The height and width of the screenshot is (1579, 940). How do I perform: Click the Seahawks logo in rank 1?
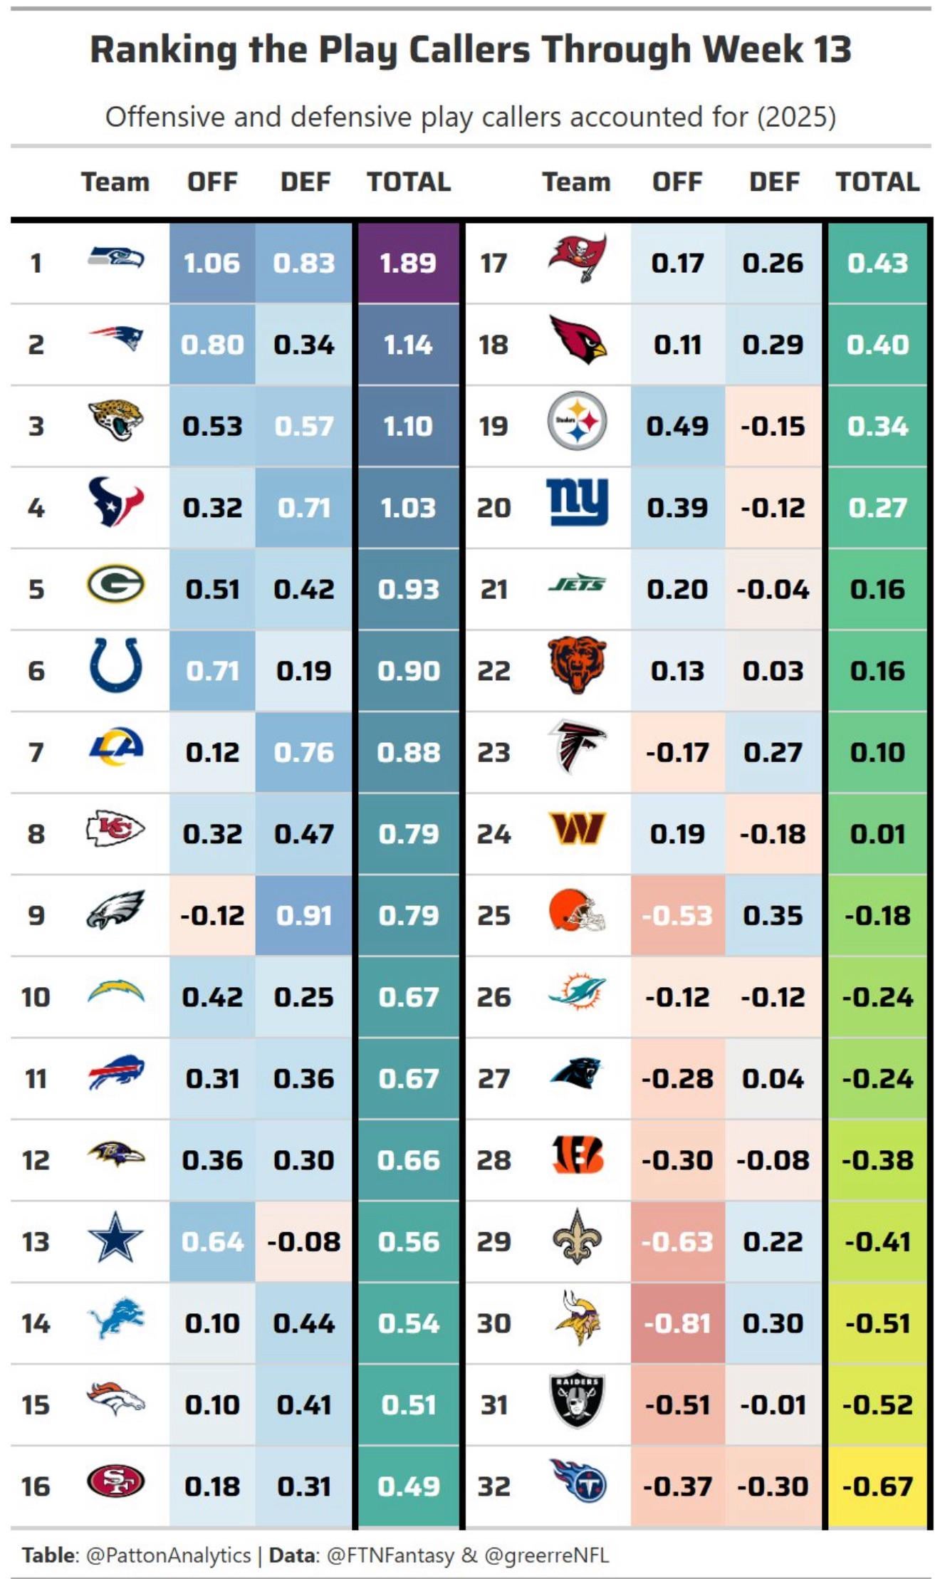[x=115, y=258]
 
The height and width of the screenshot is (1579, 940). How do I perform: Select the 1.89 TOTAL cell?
[x=408, y=264]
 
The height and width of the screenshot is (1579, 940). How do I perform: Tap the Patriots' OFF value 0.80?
[x=212, y=345]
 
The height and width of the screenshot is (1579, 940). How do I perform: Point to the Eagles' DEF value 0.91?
[x=304, y=916]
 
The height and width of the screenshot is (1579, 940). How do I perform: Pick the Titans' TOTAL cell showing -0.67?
[x=877, y=1487]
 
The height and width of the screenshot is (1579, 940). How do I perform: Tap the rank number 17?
[x=493, y=264]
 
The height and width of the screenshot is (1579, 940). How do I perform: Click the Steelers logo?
[x=577, y=421]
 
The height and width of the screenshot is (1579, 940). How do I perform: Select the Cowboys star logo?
[x=115, y=1240]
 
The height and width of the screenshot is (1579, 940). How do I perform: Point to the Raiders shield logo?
[x=577, y=1401]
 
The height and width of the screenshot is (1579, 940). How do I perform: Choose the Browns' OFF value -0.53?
[x=677, y=916]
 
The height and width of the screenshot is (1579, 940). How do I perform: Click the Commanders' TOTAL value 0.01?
[x=877, y=834]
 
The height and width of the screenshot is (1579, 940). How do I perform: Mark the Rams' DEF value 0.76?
[x=304, y=753]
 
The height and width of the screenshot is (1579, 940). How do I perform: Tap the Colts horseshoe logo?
[x=115, y=666]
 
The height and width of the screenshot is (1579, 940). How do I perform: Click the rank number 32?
[x=493, y=1487]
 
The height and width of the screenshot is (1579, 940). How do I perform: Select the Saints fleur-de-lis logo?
[x=577, y=1237]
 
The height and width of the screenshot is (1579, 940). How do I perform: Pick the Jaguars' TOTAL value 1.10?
[x=408, y=427]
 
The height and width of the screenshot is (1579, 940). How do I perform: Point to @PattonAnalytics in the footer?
[x=168, y=1555]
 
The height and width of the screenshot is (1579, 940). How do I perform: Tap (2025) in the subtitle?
[x=796, y=117]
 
